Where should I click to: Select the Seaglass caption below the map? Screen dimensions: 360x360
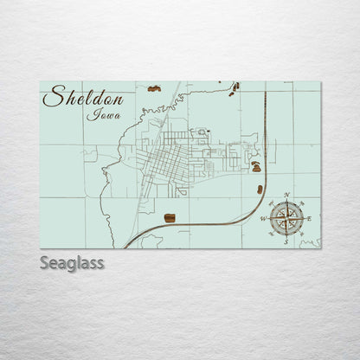(x=72, y=262)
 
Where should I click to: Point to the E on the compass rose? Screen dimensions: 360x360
(x=309, y=219)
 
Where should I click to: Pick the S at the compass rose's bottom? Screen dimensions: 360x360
(x=286, y=243)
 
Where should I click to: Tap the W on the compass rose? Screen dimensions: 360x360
(x=262, y=219)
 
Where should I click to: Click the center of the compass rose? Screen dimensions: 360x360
(x=286, y=219)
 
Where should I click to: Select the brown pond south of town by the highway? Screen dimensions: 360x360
(x=170, y=216)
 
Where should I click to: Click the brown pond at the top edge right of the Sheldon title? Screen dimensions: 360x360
(x=154, y=88)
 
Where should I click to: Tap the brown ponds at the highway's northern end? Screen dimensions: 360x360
(x=235, y=86)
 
